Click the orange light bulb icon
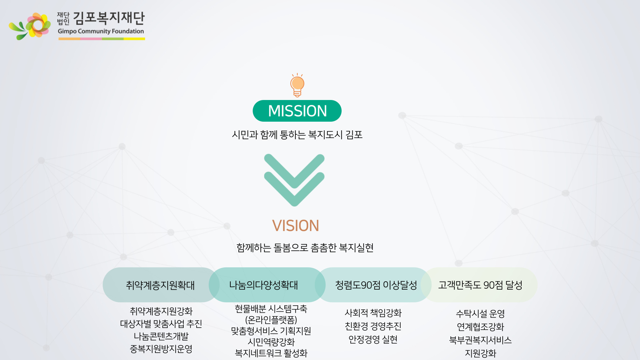[x=297, y=85]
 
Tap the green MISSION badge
[x=297, y=111]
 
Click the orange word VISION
[x=296, y=226]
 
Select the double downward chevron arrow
[x=294, y=180]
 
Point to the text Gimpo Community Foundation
[x=101, y=31]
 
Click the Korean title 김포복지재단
[x=109, y=18]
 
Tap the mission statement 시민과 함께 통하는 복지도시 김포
[x=297, y=135]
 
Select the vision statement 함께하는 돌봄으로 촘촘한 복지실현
[x=305, y=248]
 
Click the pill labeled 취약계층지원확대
[x=160, y=285]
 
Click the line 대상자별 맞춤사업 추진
[x=161, y=324]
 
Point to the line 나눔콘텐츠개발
[x=161, y=336]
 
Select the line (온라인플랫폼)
[x=271, y=320]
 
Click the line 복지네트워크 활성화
[x=271, y=353]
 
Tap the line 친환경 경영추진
[x=373, y=326]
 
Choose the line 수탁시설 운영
[x=480, y=314]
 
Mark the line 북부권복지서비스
[x=480, y=340]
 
